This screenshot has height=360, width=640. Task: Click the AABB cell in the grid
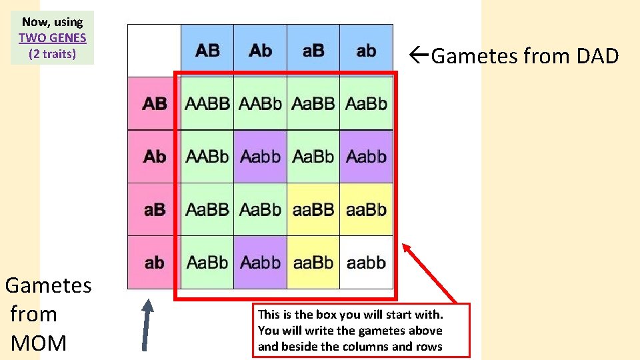coord(207,103)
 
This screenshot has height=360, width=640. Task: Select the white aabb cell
coord(366,262)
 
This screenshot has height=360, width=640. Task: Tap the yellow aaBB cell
coord(313,209)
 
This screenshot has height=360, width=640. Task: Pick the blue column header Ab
coord(260,51)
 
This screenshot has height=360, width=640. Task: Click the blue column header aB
coord(313,51)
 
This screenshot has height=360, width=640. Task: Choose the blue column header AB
coord(207,51)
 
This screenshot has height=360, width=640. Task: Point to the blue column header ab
coord(366,51)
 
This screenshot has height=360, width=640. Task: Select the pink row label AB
coord(155,103)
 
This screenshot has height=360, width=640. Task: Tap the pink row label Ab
coord(155,157)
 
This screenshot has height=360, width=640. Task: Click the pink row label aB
coord(155,209)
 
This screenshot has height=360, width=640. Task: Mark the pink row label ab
coord(155,262)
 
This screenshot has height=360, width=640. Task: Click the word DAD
coord(597,57)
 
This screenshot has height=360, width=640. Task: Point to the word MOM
coord(39,343)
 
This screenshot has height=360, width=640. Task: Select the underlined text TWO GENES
coord(52,38)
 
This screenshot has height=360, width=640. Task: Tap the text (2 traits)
coord(52,54)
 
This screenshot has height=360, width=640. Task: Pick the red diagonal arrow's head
coord(405,249)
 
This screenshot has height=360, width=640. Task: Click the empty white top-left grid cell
coord(154,51)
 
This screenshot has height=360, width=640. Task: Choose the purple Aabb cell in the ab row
coord(260,262)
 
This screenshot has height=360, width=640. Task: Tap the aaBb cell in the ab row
coord(313,262)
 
